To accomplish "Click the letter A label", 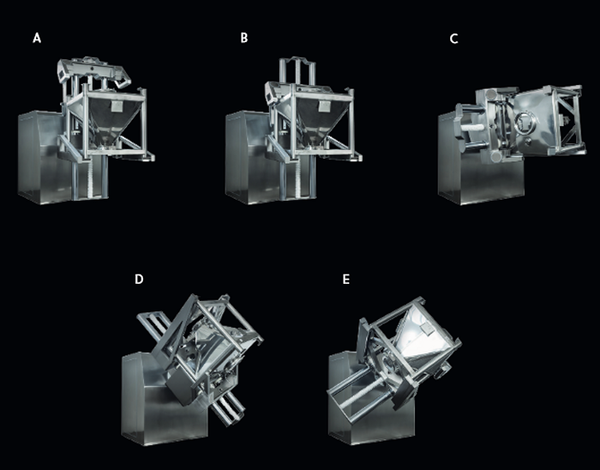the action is point(37,38).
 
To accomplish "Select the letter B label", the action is point(244,38).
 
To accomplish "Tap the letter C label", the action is point(453,39).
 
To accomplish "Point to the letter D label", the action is point(139,279).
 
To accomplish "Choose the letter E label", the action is point(346,280).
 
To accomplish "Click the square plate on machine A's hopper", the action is point(116,106).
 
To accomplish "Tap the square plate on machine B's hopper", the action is point(324,106).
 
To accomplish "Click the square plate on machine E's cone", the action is point(425,327).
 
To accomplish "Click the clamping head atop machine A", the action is point(94,71).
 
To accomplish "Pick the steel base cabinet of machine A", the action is point(44,156).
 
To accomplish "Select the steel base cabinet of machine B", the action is point(251,157).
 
